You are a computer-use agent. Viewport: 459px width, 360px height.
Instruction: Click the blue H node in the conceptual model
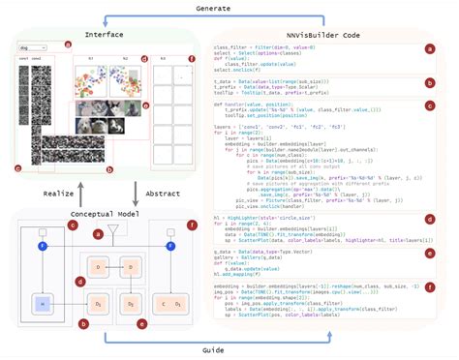(x=41, y=303)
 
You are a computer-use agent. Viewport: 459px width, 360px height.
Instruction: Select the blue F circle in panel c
(x=41, y=247)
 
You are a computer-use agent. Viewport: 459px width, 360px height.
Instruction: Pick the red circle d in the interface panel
(x=143, y=58)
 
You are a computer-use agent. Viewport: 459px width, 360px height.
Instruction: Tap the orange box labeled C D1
(x=170, y=304)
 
